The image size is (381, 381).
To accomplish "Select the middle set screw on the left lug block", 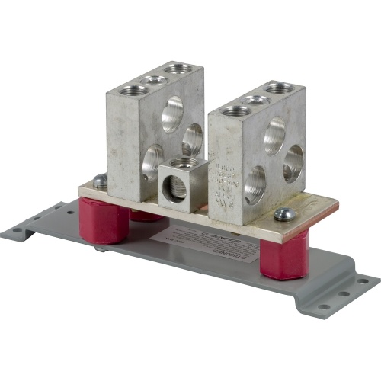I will (x=155, y=79).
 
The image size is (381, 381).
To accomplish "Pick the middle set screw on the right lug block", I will (x=256, y=99).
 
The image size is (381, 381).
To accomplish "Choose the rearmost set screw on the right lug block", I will (x=280, y=88).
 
